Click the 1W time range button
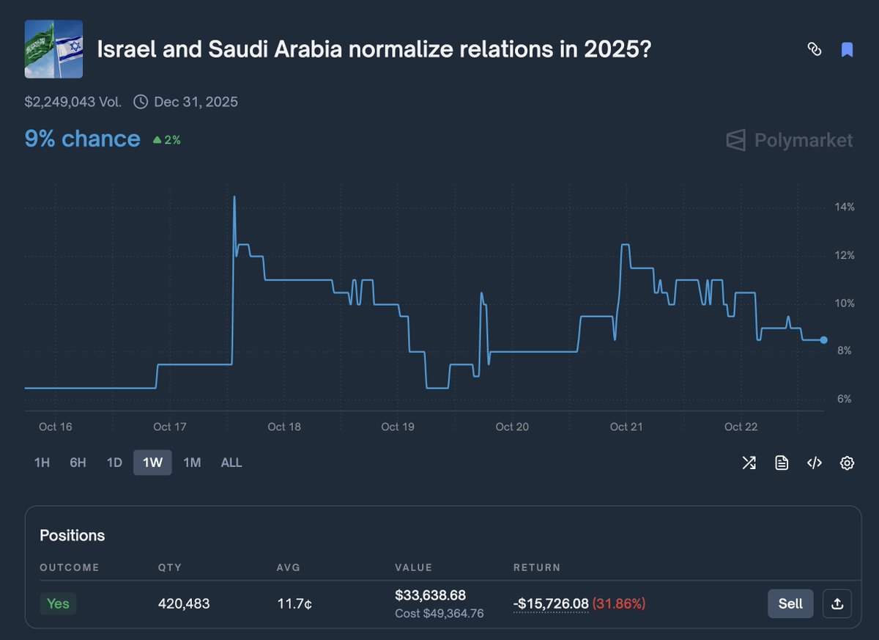pyautogui.click(x=152, y=463)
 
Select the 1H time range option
pyautogui.click(x=42, y=463)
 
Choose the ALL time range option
pyautogui.click(x=231, y=463)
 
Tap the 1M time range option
pyautogui.click(x=192, y=463)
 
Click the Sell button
pyautogui.click(x=790, y=603)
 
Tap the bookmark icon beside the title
pyautogui.click(x=847, y=50)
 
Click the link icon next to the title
pyautogui.click(x=814, y=50)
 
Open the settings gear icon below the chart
pyautogui.click(x=847, y=463)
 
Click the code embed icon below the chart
pyautogui.click(x=814, y=463)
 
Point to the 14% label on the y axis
pyautogui.click(x=845, y=207)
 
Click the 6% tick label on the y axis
pyautogui.click(x=845, y=400)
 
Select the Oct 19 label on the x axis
pyautogui.click(x=398, y=427)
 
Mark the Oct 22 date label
pyautogui.click(x=741, y=427)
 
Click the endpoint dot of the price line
pyautogui.click(x=824, y=340)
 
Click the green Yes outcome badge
pyautogui.click(x=58, y=603)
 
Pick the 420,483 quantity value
pyautogui.click(x=184, y=604)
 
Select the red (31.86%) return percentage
pyautogui.click(x=619, y=604)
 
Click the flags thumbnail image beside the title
pyautogui.click(x=53, y=49)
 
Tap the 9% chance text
pyautogui.click(x=82, y=139)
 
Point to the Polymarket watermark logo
pyautogui.click(x=790, y=140)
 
